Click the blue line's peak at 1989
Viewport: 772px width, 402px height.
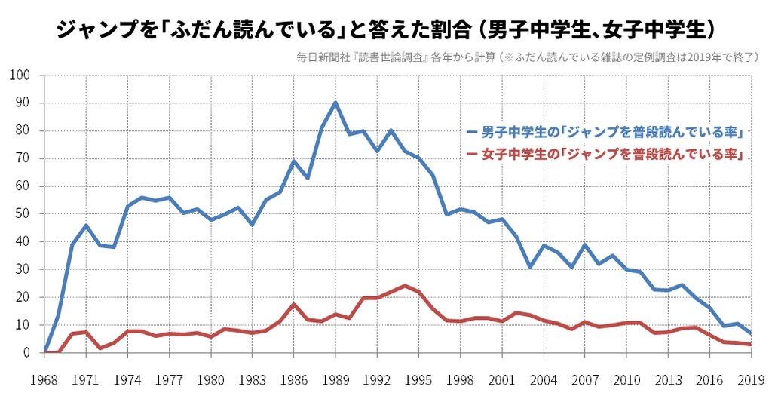(335, 103)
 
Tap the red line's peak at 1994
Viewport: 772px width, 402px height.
(405, 286)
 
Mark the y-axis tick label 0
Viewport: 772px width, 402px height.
(26, 352)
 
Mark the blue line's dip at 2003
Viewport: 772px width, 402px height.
(530, 267)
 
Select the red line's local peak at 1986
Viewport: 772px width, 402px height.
(294, 304)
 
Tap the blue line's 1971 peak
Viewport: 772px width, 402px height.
(87, 226)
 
